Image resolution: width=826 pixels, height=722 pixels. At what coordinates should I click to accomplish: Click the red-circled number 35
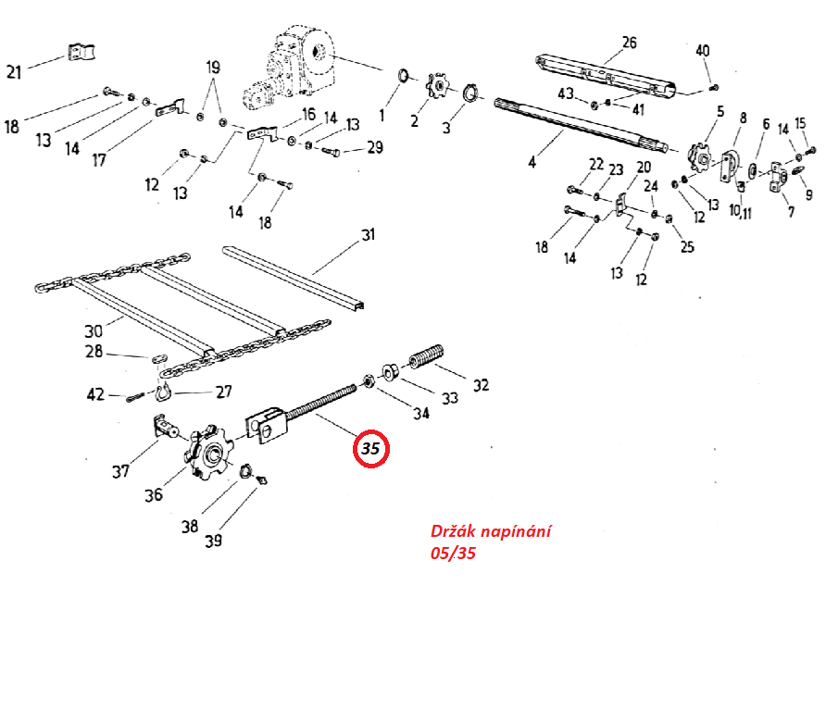tap(370, 449)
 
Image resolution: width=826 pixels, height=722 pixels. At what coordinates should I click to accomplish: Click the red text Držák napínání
tap(491, 530)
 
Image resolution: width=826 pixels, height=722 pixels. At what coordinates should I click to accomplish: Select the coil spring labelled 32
tap(426, 356)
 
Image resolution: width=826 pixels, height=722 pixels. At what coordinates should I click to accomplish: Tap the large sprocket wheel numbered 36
tap(209, 452)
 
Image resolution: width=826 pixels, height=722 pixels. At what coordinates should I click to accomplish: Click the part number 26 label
tap(630, 43)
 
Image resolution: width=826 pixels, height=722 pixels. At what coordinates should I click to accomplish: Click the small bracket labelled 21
tap(82, 52)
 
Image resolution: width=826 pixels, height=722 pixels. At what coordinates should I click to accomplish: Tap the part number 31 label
tap(369, 234)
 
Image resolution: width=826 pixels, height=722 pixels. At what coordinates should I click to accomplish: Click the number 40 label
tap(703, 51)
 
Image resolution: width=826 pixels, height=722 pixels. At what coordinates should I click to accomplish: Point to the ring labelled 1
tap(403, 75)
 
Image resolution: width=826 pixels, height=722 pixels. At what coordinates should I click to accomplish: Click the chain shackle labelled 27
tap(164, 392)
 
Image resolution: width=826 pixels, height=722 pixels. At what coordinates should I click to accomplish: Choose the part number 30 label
tap(94, 331)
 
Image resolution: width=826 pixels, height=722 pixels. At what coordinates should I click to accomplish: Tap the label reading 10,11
tap(740, 211)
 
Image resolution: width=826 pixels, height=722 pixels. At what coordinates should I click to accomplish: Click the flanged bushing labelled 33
tap(390, 371)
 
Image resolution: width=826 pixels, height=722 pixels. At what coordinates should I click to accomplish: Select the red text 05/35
tap(453, 553)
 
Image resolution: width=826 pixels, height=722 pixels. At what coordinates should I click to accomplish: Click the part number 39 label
tap(213, 541)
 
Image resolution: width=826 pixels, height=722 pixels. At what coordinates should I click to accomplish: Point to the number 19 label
tap(213, 68)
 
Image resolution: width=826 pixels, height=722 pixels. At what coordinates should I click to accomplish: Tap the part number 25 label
tap(687, 246)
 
